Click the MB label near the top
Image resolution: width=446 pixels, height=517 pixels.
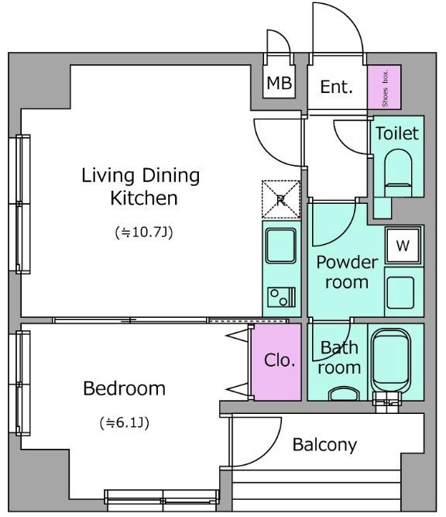[x=280, y=83]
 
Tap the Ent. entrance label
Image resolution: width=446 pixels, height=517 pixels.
[x=336, y=87]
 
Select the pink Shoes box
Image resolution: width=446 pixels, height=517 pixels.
[x=384, y=87]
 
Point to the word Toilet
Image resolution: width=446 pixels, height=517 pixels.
[x=397, y=133]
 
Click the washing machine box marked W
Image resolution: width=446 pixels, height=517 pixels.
[x=403, y=246]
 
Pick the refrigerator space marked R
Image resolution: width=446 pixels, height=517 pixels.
[x=281, y=199]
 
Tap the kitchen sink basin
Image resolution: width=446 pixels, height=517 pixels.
[x=280, y=246]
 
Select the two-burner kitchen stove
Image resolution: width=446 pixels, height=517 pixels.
[x=281, y=298]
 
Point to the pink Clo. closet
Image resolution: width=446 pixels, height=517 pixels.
[x=276, y=362]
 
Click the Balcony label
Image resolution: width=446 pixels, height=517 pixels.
[x=324, y=445]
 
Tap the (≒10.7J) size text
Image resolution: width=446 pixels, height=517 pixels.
[x=144, y=233]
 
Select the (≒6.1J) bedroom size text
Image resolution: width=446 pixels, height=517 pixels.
[x=125, y=422]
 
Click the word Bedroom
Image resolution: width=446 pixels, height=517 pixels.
[x=124, y=388]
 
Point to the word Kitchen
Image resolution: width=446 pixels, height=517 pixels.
[x=144, y=198]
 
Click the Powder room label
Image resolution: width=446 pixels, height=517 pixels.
[x=347, y=272]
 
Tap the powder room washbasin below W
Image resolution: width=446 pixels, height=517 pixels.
[x=400, y=292]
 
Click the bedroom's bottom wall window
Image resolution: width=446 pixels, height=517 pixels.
[x=162, y=501]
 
